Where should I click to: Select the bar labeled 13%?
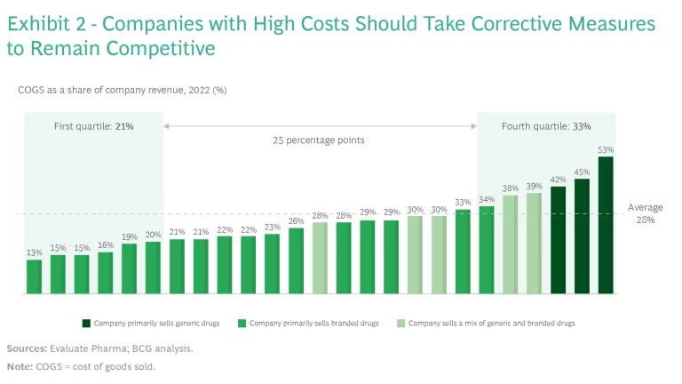[x=34, y=276]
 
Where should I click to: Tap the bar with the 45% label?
[x=582, y=236]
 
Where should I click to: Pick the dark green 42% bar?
[x=558, y=240]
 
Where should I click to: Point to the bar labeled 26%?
[x=296, y=260]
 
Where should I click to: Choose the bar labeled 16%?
[x=106, y=273]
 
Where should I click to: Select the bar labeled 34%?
[x=487, y=250]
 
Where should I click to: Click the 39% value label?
[x=534, y=187]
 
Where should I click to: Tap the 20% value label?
[x=153, y=236]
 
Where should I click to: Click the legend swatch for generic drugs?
[x=86, y=324]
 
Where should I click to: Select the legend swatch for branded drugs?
[x=242, y=324]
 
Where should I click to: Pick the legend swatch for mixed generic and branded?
[x=400, y=324]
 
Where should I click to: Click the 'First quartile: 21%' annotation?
[x=93, y=126]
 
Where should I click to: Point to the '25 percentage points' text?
[x=320, y=140]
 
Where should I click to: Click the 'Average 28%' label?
[x=646, y=213]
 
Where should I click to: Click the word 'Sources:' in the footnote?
[x=27, y=348]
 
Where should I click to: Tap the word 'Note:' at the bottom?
[x=20, y=365]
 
